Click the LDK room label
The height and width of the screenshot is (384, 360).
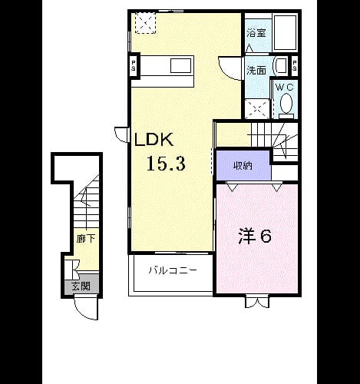(x=154, y=140)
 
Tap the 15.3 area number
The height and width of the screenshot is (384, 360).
(x=166, y=164)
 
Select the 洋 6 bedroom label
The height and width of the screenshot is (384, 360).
(x=255, y=236)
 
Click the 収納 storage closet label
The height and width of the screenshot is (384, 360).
(x=243, y=166)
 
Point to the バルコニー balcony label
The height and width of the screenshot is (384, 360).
(x=173, y=270)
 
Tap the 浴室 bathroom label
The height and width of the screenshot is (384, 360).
(x=256, y=33)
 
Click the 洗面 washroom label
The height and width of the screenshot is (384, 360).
(x=256, y=70)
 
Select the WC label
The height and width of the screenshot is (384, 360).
(x=285, y=88)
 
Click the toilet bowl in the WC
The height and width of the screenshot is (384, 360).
(x=286, y=104)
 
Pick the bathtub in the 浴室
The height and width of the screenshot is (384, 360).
(x=285, y=32)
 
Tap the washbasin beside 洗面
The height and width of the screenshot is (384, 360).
(x=281, y=65)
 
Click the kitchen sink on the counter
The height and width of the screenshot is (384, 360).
(x=181, y=65)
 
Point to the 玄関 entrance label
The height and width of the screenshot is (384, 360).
(x=81, y=286)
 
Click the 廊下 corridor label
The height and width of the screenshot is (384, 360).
(x=86, y=239)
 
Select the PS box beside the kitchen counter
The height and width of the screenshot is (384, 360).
(x=134, y=65)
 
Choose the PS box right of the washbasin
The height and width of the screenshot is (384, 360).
(x=295, y=65)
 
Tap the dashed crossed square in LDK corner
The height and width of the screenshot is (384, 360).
(x=145, y=23)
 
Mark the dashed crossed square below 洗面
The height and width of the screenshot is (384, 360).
(x=257, y=109)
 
